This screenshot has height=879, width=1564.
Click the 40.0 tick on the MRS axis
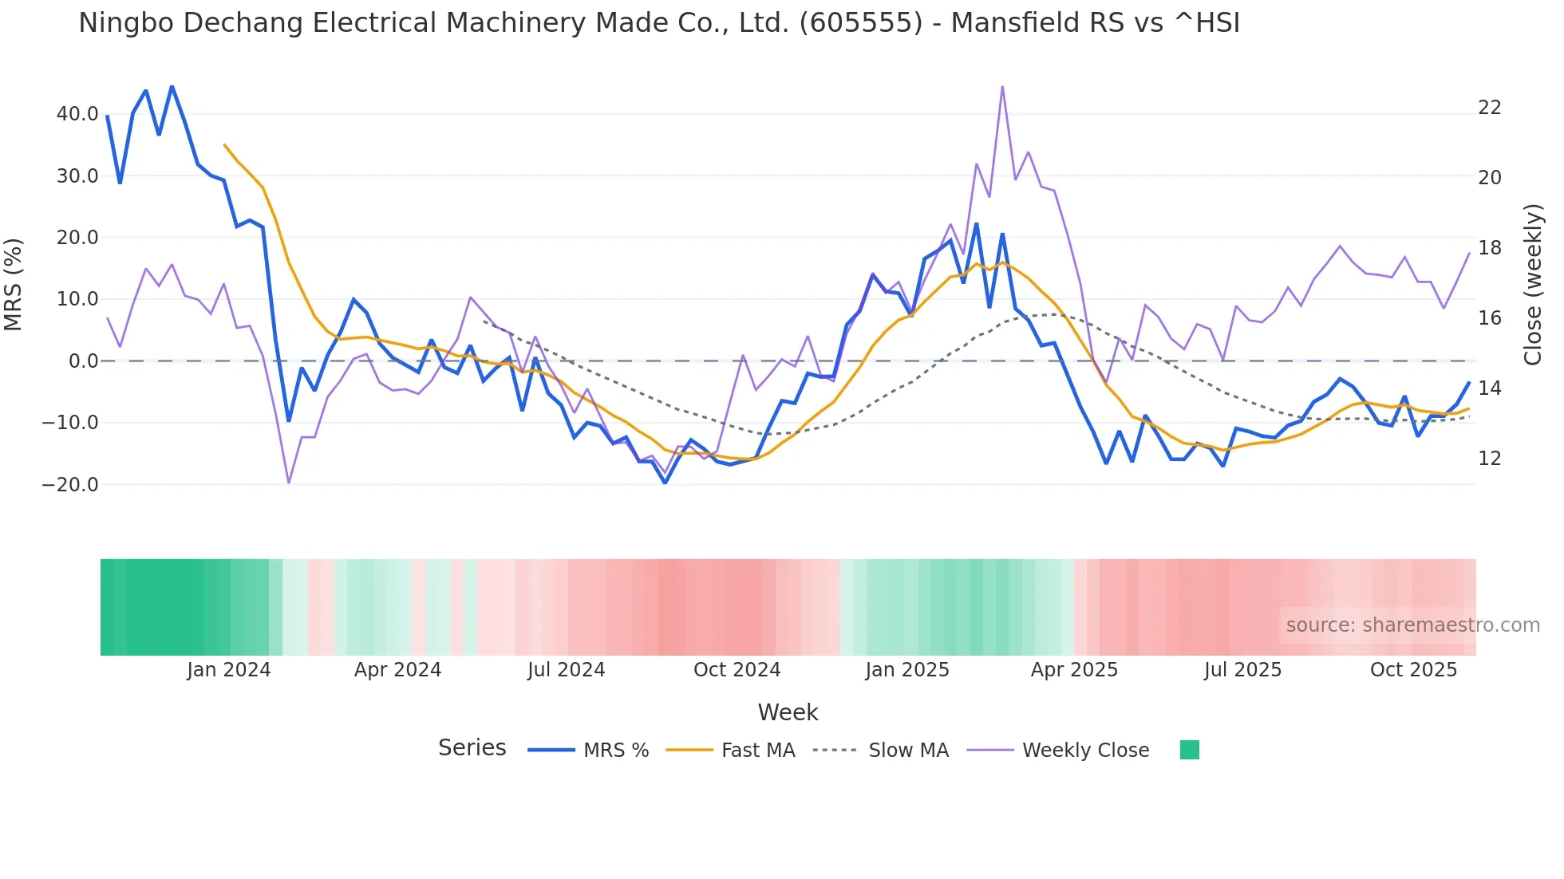[77, 114]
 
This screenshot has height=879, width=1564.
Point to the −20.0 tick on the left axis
[70, 484]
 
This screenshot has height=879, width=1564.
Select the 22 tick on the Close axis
[1489, 108]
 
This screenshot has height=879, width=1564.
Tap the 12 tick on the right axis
[1489, 459]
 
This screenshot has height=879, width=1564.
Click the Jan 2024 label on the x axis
[229, 670]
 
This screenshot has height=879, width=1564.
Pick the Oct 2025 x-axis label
[1413, 670]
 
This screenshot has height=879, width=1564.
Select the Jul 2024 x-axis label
[566, 670]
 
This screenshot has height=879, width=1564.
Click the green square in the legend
[1189, 750]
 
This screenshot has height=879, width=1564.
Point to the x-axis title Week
[788, 712]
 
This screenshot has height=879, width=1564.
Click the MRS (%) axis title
[14, 285]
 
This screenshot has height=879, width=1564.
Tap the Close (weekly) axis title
[1532, 285]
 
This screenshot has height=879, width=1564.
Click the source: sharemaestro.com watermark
[1412, 625]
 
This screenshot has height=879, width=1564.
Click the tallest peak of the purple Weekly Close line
[1002, 87]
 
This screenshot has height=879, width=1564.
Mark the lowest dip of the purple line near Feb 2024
[289, 483]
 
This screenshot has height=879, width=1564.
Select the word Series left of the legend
[472, 748]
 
